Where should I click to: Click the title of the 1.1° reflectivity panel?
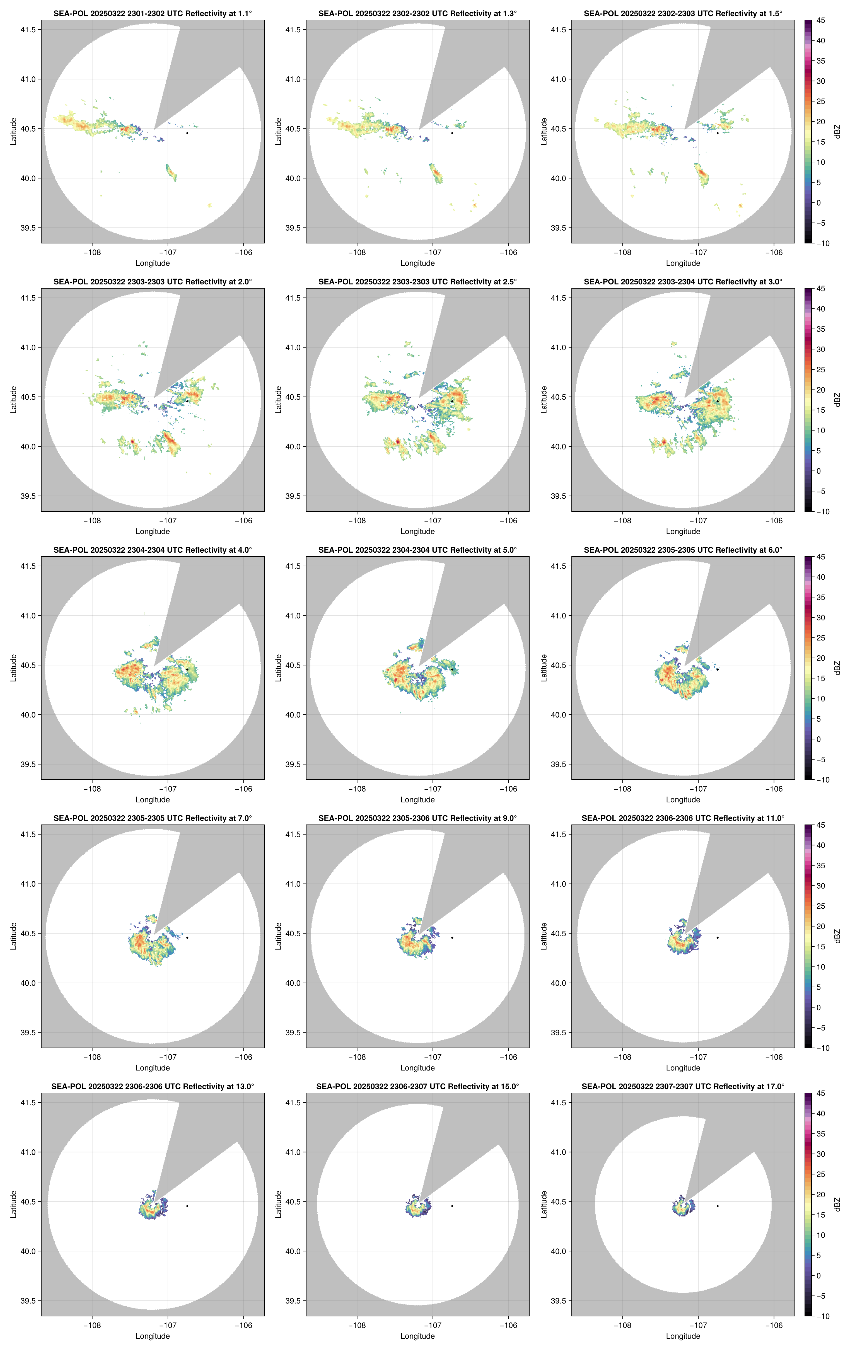coord(153,13)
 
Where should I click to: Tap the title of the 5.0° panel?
coord(417,550)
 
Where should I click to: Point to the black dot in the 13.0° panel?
coord(187,1206)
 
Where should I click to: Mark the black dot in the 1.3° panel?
coord(452,133)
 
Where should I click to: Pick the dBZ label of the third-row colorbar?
coord(837,668)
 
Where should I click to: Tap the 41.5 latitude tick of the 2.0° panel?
coord(28,298)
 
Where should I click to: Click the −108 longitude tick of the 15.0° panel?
coord(357,1326)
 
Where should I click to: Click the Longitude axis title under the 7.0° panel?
coord(153,1068)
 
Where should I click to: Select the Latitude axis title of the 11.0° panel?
coord(544,936)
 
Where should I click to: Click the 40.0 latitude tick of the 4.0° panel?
coord(28,715)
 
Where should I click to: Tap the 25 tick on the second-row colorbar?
coord(820,370)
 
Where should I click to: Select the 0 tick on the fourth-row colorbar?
coord(818,1007)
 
